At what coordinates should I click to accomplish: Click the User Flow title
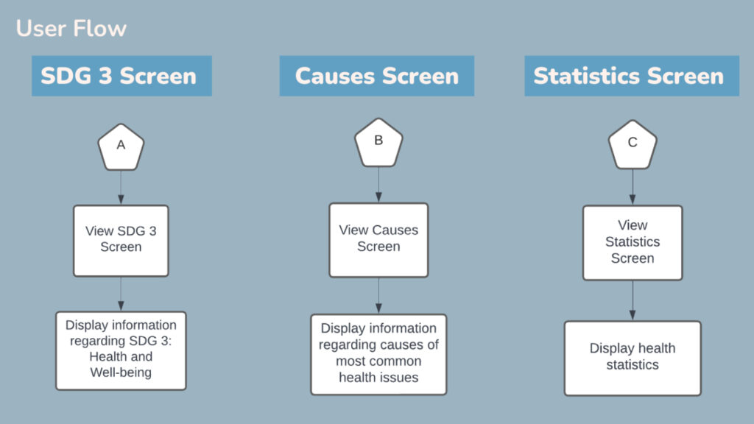[71, 29]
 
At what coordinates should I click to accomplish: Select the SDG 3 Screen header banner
[121, 76]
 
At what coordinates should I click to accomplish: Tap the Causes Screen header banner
[376, 76]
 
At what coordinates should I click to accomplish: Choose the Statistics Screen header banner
[632, 76]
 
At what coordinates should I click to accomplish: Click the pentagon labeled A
[121, 147]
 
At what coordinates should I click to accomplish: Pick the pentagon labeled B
[378, 143]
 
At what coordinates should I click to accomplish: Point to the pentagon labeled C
[633, 145]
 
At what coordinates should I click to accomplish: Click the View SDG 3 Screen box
[121, 241]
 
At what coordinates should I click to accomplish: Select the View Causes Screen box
[378, 240]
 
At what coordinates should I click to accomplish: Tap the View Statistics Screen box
[633, 243]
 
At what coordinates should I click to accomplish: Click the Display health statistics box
[633, 358]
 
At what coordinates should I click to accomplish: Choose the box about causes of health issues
[378, 354]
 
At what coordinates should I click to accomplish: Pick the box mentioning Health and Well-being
[121, 350]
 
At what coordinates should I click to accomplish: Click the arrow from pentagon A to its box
[121, 187]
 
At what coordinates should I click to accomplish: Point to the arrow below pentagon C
[633, 187]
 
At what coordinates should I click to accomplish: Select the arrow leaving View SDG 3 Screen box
[121, 294]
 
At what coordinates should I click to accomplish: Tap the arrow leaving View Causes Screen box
[378, 296]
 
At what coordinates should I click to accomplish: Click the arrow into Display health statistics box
[633, 300]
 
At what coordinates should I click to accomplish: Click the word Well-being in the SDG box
[121, 372]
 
